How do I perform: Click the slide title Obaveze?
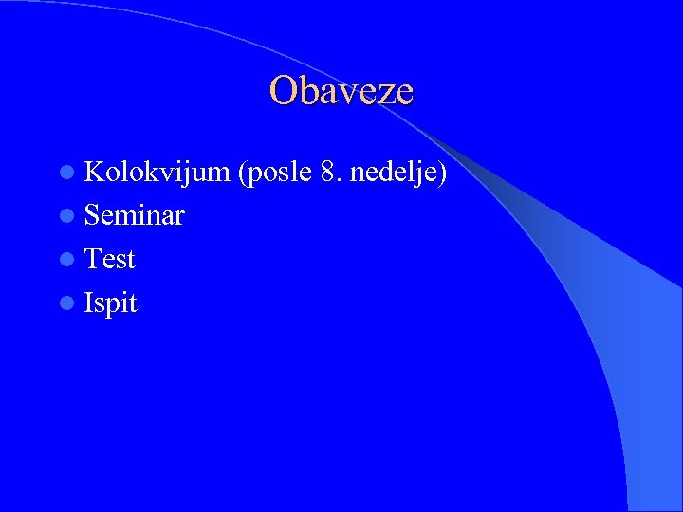(341, 91)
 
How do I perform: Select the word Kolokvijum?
(157, 172)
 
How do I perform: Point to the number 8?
(328, 172)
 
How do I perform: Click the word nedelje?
(392, 172)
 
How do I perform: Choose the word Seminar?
(135, 215)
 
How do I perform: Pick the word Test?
(110, 259)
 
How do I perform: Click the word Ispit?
(111, 303)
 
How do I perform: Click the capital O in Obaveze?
(282, 91)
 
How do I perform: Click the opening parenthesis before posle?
(244, 172)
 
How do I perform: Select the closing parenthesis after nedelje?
(443, 172)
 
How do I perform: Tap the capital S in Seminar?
(93, 215)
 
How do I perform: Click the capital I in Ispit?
(89, 303)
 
